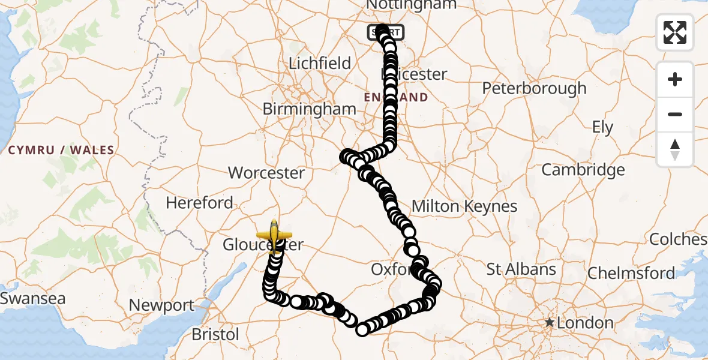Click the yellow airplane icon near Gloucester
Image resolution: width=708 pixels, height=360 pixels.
[274, 235]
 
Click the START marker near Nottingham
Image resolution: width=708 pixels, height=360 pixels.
[386, 32]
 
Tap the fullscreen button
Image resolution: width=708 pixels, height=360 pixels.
[675, 32]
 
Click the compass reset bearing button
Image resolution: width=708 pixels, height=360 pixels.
[675, 149]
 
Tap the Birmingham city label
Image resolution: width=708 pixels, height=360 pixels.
[309, 109]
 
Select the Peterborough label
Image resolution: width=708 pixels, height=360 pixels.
[534, 89]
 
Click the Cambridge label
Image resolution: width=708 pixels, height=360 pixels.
[583, 170]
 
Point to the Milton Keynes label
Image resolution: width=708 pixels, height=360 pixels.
[464, 207]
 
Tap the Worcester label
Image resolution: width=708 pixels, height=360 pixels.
[266, 173]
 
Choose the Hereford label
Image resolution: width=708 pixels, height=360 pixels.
[199, 203]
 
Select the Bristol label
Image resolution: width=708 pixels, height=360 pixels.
[215, 334]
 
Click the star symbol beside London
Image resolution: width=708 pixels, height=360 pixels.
[549, 323]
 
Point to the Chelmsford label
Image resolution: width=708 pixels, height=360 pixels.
[631, 274]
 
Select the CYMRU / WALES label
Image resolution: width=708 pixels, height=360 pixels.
[61, 150]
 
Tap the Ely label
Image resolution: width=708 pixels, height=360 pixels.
[602, 128]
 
